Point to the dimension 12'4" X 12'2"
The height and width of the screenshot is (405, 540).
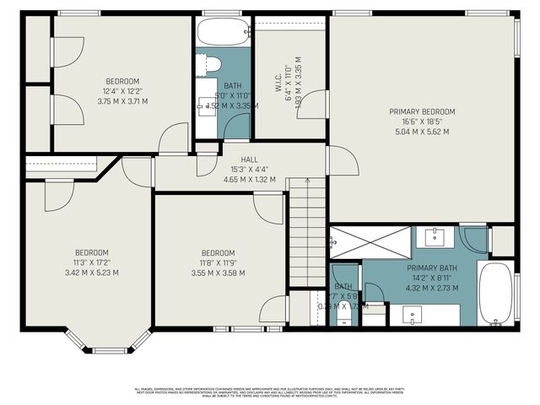point(122,91)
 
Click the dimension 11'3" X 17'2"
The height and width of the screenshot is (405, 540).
point(91,262)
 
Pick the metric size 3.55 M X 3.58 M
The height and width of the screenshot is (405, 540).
point(218,273)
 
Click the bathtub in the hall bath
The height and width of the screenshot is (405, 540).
point(223,32)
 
